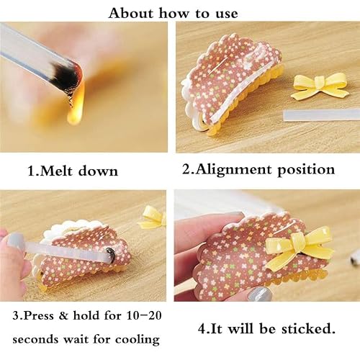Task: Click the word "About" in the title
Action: click(131, 13)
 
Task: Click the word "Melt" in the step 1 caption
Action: click(55, 171)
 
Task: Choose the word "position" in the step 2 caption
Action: click(306, 171)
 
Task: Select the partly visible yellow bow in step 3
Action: click(153, 218)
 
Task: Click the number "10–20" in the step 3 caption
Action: click(143, 315)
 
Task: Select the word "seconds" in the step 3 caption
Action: click(35, 340)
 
